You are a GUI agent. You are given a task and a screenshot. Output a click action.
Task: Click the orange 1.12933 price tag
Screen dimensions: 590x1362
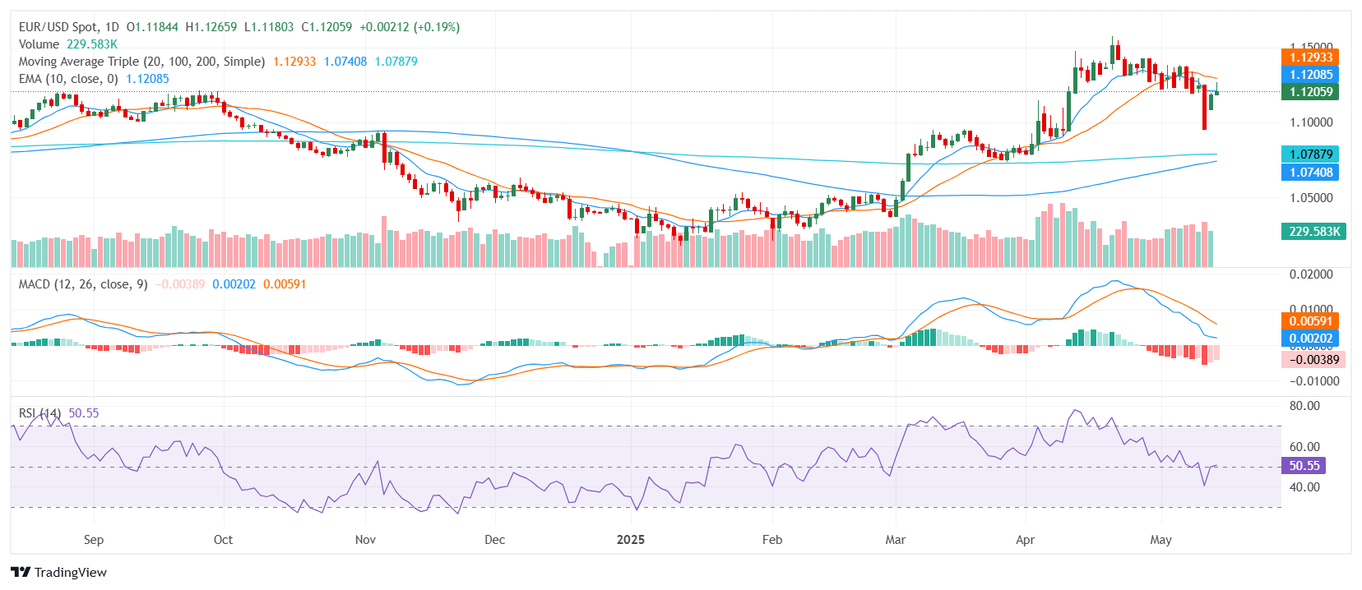click(x=1310, y=57)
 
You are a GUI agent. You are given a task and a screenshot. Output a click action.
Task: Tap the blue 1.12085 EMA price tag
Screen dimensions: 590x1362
click(x=1310, y=74)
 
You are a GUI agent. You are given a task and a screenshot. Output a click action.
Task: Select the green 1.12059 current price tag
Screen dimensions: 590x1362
click(x=1310, y=91)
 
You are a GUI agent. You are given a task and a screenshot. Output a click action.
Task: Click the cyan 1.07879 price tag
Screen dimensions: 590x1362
click(x=1310, y=154)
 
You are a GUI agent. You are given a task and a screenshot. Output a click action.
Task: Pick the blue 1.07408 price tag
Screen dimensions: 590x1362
click(x=1310, y=172)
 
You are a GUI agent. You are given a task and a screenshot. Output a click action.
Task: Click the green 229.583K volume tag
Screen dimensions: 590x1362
click(x=1313, y=231)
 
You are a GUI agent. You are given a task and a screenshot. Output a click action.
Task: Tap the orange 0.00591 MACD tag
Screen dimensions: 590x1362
click(x=1310, y=320)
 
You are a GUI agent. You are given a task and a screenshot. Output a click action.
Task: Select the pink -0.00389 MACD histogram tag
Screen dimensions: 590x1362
click(x=1313, y=359)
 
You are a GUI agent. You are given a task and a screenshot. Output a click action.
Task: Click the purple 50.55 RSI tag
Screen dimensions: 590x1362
click(x=1304, y=465)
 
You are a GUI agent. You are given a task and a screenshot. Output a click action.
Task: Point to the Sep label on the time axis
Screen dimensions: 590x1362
click(x=94, y=540)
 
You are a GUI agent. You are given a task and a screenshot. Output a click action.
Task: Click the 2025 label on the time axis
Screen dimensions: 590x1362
click(x=631, y=540)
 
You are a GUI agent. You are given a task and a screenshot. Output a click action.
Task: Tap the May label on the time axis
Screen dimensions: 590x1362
click(x=1160, y=540)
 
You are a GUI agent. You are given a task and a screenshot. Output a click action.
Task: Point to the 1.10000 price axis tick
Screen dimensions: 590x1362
click(x=1311, y=122)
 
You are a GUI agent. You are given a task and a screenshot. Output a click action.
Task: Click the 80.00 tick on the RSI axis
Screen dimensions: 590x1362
click(x=1304, y=406)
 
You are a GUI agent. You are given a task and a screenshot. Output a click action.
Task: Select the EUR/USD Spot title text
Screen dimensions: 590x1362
click(x=69, y=27)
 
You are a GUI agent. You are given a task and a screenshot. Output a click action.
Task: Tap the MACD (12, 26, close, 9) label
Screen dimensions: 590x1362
click(x=83, y=284)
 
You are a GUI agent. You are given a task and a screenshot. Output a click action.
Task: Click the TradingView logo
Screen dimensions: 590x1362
click(x=59, y=572)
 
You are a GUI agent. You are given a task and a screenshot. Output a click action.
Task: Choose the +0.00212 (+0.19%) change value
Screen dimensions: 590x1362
click(x=410, y=27)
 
